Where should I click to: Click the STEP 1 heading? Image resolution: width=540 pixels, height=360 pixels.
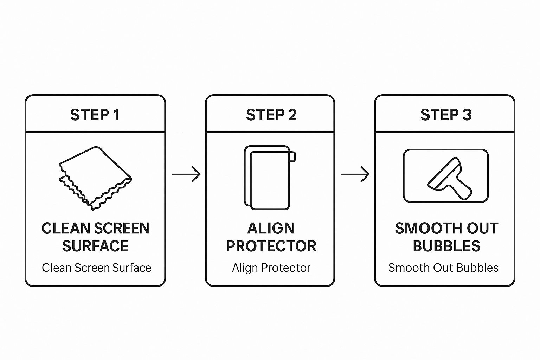pos(95,115)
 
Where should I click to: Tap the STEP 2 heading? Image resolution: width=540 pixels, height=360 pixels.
pos(271,115)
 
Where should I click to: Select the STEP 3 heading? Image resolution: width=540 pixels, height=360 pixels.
pos(446,115)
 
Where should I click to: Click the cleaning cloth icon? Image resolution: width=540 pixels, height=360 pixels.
pos(95,178)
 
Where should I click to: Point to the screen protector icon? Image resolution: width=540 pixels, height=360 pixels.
pos(270,178)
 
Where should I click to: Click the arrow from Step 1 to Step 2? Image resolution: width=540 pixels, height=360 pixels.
pos(186,174)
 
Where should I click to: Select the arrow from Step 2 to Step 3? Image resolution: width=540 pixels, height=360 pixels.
pos(355,174)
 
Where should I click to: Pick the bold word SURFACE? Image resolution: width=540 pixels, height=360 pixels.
pos(96,246)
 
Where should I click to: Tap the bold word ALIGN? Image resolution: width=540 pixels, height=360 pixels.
pos(271,228)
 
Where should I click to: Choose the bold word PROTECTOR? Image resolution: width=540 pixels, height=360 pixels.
pos(271,246)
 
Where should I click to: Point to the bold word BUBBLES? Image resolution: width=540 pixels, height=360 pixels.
pos(447,246)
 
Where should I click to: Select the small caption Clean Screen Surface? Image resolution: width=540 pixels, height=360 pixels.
pos(96,268)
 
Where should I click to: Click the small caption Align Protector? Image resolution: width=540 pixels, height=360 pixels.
pos(271,268)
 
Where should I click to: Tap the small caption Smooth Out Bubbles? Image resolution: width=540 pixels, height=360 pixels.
pos(443,268)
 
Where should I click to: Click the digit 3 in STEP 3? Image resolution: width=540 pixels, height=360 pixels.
pos(467,115)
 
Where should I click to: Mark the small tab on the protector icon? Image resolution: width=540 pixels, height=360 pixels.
pos(292,157)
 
